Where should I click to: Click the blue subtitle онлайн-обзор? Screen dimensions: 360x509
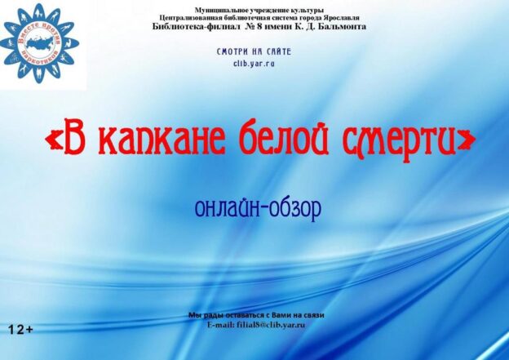tap(259, 207)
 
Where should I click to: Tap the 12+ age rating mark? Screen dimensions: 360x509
tap(20, 330)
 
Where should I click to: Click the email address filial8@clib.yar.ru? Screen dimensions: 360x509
tap(271, 325)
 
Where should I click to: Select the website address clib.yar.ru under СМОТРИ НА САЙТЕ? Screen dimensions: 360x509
tap(254, 63)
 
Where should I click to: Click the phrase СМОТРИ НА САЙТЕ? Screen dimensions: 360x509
tap(254, 51)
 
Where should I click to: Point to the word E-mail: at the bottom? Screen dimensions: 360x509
tap(221, 325)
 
